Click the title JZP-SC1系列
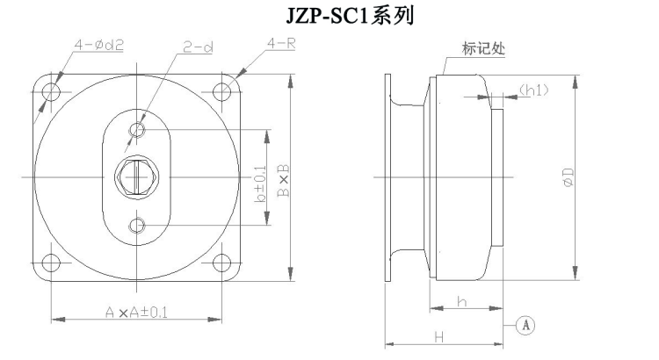click(350, 16)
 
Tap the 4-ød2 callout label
click(99, 45)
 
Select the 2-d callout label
click(198, 47)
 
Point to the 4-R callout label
click(281, 43)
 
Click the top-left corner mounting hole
click(51, 90)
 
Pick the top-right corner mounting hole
click(222, 91)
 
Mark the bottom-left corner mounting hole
click(51, 263)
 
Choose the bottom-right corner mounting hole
click(222, 263)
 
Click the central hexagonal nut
click(137, 176)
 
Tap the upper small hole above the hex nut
click(137, 129)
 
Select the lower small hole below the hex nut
click(137, 225)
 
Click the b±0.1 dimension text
click(261, 184)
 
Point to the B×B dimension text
click(284, 180)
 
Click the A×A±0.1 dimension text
click(136, 312)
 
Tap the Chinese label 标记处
click(483, 48)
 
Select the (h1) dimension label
click(533, 90)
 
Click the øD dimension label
click(568, 176)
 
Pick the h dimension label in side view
click(462, 301)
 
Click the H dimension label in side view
click(438, 337)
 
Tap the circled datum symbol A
click(525, 325)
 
